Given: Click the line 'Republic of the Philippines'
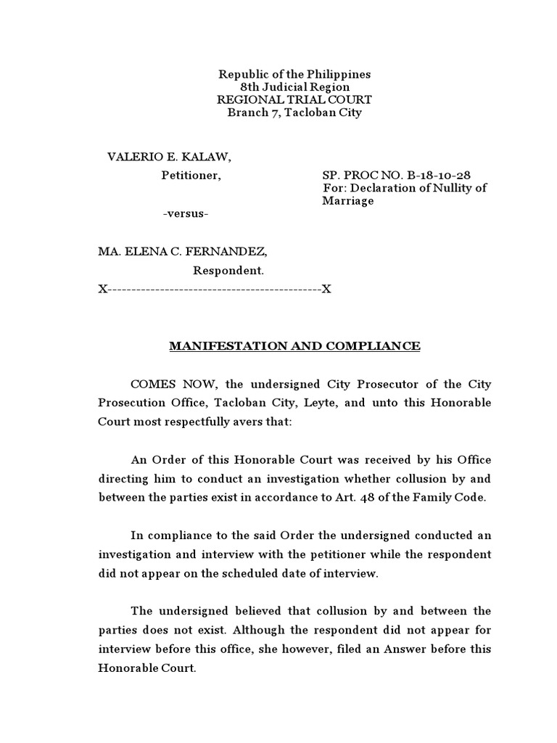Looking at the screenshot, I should (x=294, y=75).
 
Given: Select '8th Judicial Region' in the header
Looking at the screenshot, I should (x=294, y=87).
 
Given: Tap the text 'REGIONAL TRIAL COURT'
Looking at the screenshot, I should (x=294, y=100).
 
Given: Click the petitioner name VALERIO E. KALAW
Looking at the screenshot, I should (x=170, y=157).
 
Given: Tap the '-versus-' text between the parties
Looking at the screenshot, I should (x=186, y=213).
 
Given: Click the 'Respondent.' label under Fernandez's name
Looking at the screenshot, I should (x=228, y=271).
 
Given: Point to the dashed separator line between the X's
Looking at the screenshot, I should (x=215, y=290).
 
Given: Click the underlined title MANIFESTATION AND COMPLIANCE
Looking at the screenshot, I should (x=294, y=346).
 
